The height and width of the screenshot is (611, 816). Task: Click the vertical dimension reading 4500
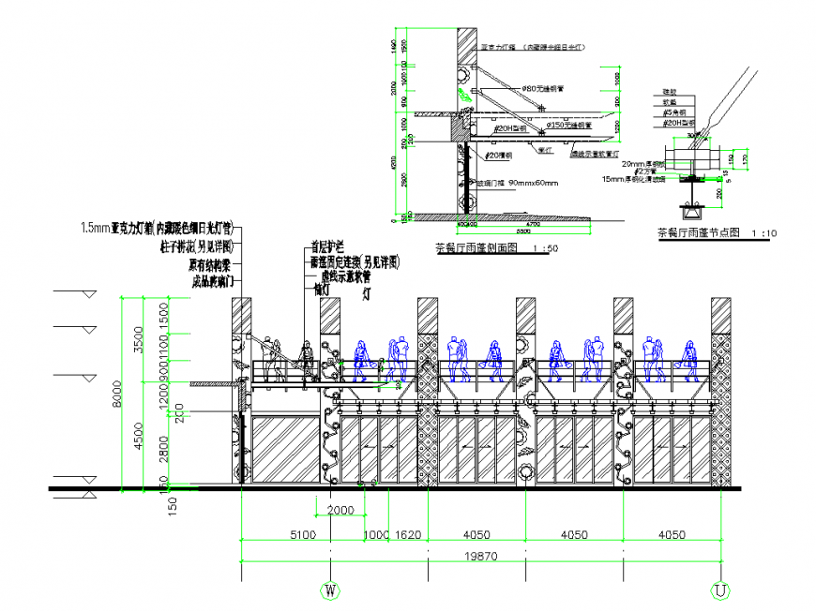139,437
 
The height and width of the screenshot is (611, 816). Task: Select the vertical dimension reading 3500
139,339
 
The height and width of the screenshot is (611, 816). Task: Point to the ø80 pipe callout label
543,87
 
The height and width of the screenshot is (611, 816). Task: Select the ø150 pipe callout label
569,124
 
